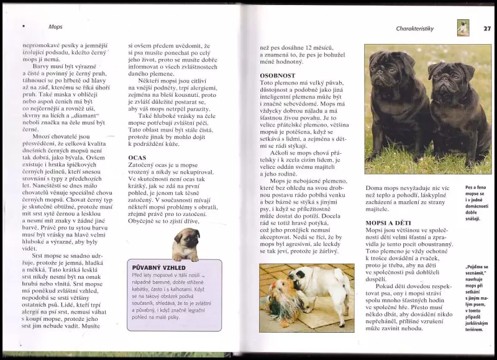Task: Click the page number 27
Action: [x=487, y=28]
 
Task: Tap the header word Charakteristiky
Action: [x=418, y=29]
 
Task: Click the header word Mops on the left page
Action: [x=55, y=27]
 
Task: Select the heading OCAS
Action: [x=137, y=157]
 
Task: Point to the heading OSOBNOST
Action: [x=277, y=75]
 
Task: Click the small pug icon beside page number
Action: [x=463, y=28]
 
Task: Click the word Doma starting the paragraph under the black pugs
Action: [x=374, y=187]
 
